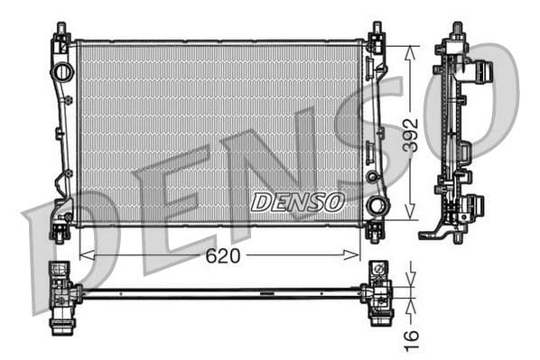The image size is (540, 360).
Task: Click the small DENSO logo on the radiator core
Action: (x=297, y=201)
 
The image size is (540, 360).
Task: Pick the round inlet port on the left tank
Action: (x=62, y=71)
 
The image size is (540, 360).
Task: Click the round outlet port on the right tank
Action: (x=376, y=205)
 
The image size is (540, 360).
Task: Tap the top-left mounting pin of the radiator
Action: (x=61, y=32)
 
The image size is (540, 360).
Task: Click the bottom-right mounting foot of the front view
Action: (x=376, y=232)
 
